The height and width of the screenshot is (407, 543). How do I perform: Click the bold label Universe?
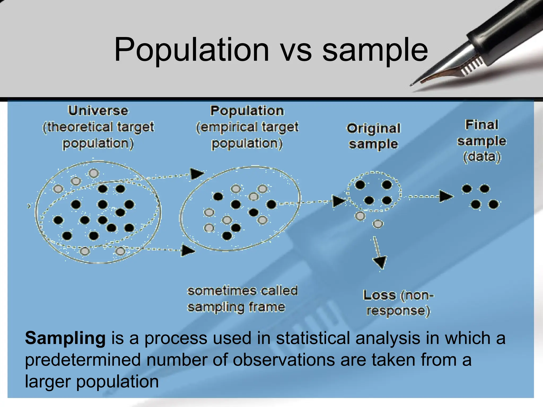98,111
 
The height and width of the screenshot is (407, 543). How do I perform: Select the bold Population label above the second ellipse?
247,111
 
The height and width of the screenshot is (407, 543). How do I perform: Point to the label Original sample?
373,136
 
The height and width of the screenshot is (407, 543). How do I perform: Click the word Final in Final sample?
481,125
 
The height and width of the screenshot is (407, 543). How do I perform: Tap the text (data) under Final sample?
482,157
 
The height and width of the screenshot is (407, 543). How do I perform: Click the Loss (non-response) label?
398,303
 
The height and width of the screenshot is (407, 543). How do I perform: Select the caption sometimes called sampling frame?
242,299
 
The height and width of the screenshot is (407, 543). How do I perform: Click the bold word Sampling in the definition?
65,338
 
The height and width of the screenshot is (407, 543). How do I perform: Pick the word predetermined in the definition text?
82,360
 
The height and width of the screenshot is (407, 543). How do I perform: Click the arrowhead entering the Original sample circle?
339,201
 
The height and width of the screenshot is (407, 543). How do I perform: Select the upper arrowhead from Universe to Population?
197,174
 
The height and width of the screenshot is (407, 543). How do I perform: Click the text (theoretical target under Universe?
98,127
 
